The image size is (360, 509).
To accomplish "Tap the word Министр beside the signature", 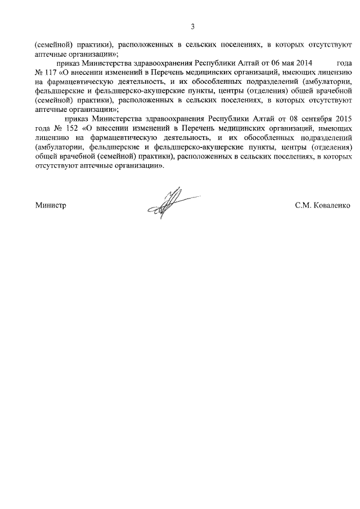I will click(51, 206).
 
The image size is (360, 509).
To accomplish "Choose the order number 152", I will click(74, 127).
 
